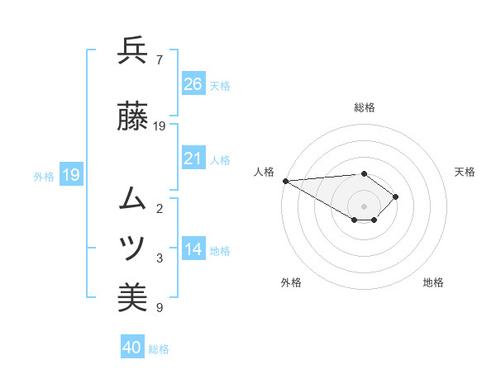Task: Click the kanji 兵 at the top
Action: [x=132, y=51]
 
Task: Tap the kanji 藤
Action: [x=132, y=118]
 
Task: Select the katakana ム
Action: [x=132, y=198]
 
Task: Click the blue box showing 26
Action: [x=193, y=84]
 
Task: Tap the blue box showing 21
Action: [x=193, y=159]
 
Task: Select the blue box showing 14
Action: [x=193, y=250]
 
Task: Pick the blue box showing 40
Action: [x=132, y=348]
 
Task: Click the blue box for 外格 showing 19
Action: [x=70, y=175]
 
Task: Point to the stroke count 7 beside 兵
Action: [x=159, y=59]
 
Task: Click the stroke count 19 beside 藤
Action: [x=160, y=126]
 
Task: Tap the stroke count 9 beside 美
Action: [x=159, y=308]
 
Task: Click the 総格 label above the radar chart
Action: [x=365, y=107]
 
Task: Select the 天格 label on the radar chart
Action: [x=465, y=172]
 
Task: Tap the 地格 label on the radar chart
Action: [x=433, y=282]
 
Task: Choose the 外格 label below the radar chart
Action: [x=291, y=282]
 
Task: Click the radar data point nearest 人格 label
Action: [x=284, y=181]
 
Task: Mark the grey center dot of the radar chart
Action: [x=364, y=206]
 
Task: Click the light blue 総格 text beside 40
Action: [x=159, y=349]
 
